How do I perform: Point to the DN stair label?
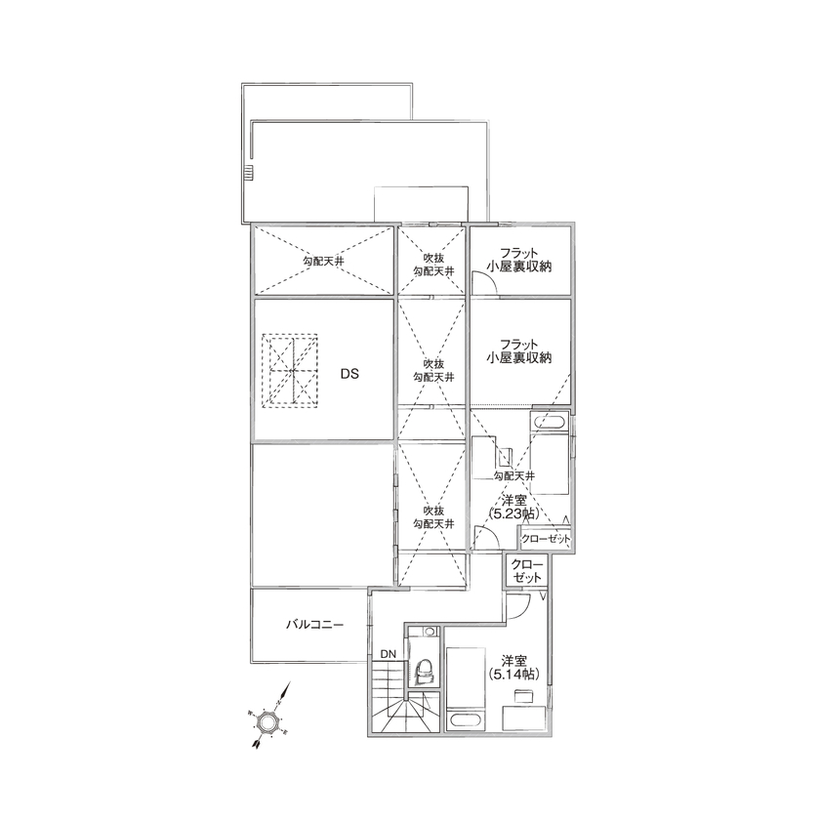coord(389,653)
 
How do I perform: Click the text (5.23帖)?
coord(513,512)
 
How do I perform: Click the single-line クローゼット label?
coord(546,539)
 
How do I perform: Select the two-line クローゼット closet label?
coord(526,572)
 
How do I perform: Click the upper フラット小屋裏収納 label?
coord(519,258)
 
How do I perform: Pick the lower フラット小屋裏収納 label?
coord(519,351)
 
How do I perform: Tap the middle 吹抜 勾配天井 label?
coord(432,370)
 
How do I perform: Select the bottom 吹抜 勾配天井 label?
coord(432,517)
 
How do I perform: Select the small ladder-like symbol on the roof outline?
coord(249,174)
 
